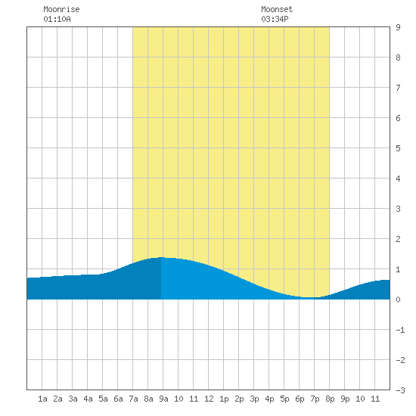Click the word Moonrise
[x=61, y=9]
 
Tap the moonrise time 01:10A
[x=57, y=19]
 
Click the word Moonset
[x=277, y=9]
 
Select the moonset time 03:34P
[x=275, y=19]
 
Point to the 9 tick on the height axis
[x=398, y=27]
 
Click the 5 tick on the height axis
[x=398, y=148]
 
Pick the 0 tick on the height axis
[x=398, y=300]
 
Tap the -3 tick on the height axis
[x=400, y=390]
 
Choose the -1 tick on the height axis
[x=400, y=330]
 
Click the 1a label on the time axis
[x=42, y=399]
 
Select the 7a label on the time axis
[x=133, y=399]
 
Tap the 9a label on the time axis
[x=163, y=399]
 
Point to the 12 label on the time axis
[x=209, y=399]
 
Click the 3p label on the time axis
[x=254, y=399]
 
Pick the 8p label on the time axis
[x=330, y=399]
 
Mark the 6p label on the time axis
[x=300, y=399]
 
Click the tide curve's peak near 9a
[x=161, y=257]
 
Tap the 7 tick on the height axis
[x=398, y=88]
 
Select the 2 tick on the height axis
[x=398, y=239]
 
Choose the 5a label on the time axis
[x=103, y=399]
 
